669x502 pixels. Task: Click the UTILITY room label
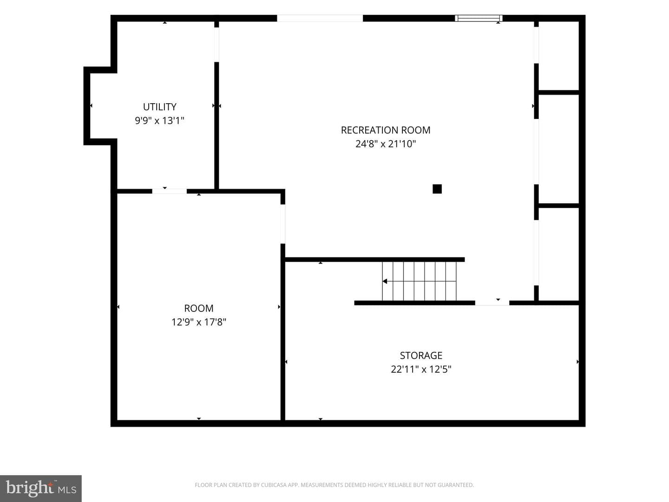coord(159,107)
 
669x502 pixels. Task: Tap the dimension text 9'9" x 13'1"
coord(159,121)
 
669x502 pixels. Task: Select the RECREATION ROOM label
coord(386,130)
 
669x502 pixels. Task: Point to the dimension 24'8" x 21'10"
coord(386,144)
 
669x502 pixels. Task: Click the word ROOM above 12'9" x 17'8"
coord(199,308)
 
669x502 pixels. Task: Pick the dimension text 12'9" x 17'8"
coord(199,322)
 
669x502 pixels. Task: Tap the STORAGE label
coord(421,356)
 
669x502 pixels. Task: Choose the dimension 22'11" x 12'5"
coord(421,370)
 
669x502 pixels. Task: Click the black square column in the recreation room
coord(437,189)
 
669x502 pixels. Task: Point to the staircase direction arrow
coord(420,281)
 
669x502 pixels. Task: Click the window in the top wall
coord(479,18)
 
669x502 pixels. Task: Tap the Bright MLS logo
coord(40,488)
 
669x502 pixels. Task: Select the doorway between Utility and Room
coord(170,192)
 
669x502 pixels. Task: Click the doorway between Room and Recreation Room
coord(283,224)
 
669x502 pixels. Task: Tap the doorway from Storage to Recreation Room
coord(492,303)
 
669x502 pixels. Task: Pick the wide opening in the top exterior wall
coord(320,18)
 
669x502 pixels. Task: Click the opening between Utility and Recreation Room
coord(216,45)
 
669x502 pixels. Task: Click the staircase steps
coord(420,281)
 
